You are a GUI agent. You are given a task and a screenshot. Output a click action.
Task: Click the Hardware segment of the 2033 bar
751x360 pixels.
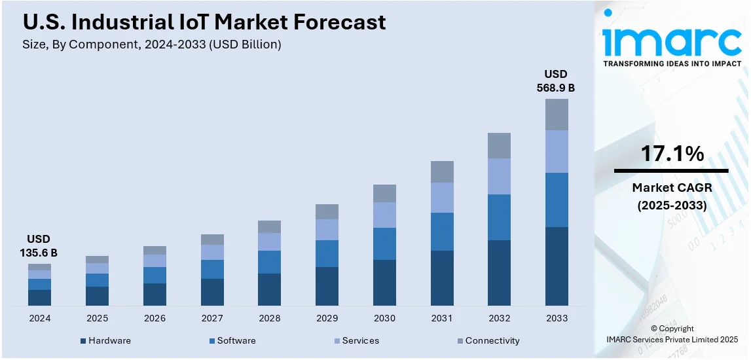pyautogui.click(x=557, y=266)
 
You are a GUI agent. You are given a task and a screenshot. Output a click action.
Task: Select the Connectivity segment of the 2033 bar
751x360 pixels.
pyautogui.click(x=557, y=115)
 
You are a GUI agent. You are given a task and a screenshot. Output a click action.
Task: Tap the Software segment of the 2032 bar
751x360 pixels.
pyautogui.click(x=499, y=217)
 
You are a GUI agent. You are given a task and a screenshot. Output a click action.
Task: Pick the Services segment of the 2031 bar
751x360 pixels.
pyautogui.click(x=442, y=198)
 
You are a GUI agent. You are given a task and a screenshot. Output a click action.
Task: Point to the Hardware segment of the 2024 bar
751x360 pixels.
pyautogui.click(x=39, y=298)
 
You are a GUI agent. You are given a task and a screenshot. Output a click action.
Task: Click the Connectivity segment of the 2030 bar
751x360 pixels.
pyautogui.click(x=384, y=193)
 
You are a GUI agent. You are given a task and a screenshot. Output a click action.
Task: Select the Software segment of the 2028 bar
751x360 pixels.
pyautogui.click(x=269, y=262)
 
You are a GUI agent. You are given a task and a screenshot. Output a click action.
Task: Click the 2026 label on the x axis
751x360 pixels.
pyautogui.click(x=155, y=318)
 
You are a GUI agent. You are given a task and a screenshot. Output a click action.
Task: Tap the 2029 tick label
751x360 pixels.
pyautogui.click(x=327, y=318)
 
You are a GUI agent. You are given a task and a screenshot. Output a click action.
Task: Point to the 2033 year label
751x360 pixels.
pyautogui.click(x=557, y=318)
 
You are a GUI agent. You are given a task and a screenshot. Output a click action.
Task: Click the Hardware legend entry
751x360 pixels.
pyautogui.click(x=105, y=341)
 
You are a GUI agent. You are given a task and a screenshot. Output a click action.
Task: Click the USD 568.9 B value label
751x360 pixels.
pyautogui.click(x=557, y=81)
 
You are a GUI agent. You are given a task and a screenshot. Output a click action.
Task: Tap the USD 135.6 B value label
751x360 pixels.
pyautogui.click(x=39, y=245)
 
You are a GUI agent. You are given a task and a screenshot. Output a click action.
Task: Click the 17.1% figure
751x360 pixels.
pyautogui.click(x=672, y=154)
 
